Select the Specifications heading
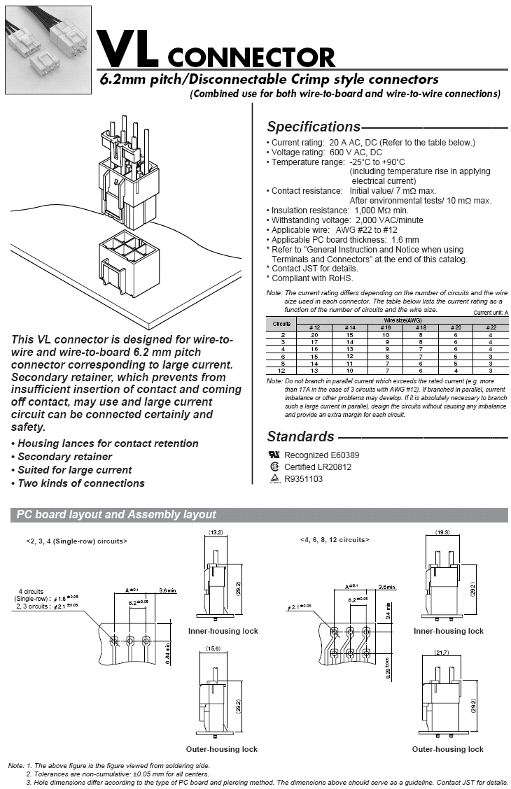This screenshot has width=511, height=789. pos(313,127)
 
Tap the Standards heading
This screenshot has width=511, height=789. pos(300,437)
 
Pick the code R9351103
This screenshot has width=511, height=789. pos(303,479)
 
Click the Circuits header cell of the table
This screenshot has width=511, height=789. pos(281,324)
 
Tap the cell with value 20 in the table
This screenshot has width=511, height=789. pos(314,335)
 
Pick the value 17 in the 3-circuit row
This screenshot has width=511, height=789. pos(314,342)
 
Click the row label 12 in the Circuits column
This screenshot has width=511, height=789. pos(281,371)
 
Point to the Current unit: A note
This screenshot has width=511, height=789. pos(491,313)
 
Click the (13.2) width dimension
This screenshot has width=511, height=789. pos(216,532)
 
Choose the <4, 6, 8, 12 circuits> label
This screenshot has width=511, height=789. pos(335,540)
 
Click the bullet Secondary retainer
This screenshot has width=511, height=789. pos(65,457)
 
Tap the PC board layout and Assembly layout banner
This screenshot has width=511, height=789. pos(117,515)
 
